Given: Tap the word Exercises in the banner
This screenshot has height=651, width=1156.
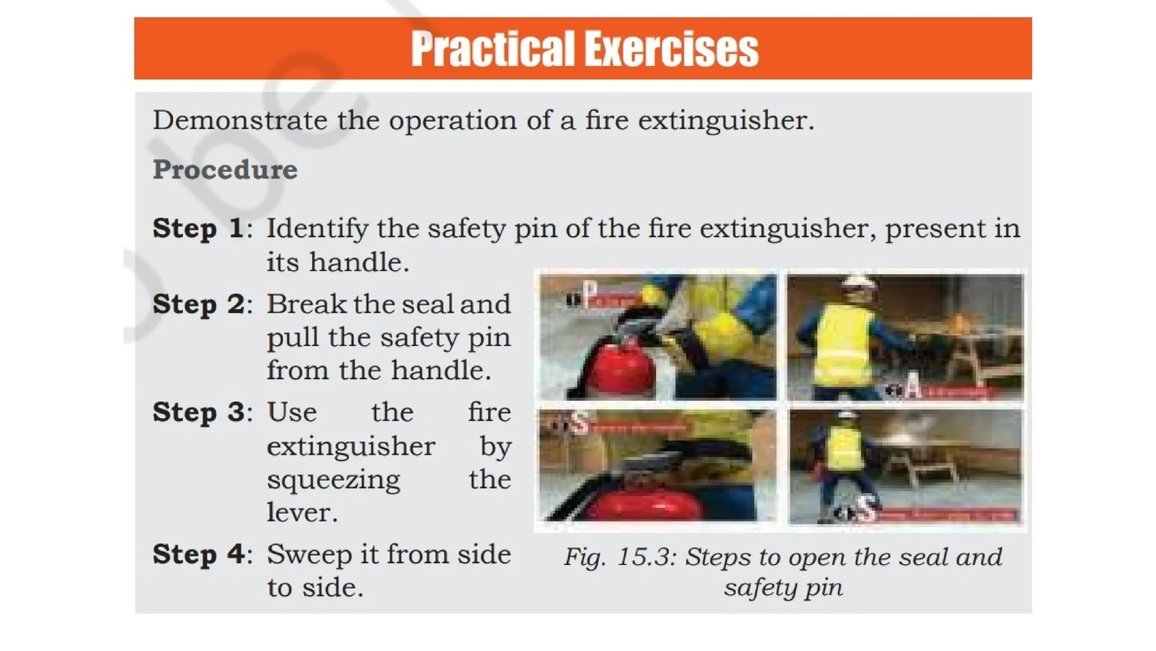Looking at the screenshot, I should tap(672, 50).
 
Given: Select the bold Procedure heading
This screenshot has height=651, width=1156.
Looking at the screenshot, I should tap(225, 170).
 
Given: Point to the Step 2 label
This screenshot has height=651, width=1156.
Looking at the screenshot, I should tap(199, 305).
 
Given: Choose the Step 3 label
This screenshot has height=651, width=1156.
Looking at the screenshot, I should tap(199, 413).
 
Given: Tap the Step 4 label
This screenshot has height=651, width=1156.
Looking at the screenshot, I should tap(199, 554).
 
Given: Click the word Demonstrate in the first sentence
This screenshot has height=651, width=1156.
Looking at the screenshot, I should tap(240, 120).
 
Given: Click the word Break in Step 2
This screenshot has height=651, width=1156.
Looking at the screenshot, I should tap(306, 305).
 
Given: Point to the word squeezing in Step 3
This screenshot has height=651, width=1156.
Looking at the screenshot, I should tap(333, 480).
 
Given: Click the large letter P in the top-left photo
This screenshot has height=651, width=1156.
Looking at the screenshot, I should tap(589, 294).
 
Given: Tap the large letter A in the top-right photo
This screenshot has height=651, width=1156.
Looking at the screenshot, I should tap(912, 388).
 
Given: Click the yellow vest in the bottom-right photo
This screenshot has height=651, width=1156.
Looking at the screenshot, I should tap(845, 449).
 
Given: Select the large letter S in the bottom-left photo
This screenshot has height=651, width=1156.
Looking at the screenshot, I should tap(579, 423).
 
